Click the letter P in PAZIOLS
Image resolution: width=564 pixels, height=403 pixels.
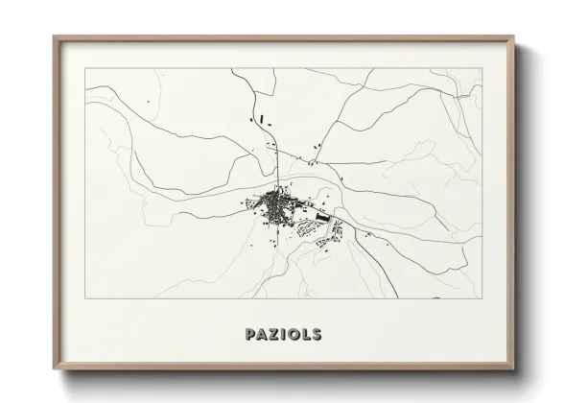(x=250, y=335)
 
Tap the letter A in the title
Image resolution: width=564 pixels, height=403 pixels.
(x=263, y=335)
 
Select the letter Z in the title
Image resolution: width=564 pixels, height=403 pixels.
(x=274, y=335)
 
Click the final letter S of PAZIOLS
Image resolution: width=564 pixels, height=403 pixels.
(x=317, y=335)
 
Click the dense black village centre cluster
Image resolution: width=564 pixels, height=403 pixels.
(x=277, y=203)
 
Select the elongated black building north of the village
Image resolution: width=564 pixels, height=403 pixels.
(x=262, y=120)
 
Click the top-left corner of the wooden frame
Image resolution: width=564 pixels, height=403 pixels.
(x=54, y=37)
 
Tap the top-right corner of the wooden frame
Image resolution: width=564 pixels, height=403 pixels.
(x=514, y=37)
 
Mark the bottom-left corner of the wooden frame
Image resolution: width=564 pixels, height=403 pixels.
(x=54, y=368)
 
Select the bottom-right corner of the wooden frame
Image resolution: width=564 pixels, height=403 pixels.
(x=514, y=368)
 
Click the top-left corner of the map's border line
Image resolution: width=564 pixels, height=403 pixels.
(x=84, y=68)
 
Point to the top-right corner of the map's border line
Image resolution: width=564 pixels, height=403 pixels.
(x=482, y=68)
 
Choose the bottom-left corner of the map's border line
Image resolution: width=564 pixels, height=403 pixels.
(x=84, y=298)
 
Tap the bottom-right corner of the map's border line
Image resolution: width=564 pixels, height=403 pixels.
(x=482, y=298)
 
